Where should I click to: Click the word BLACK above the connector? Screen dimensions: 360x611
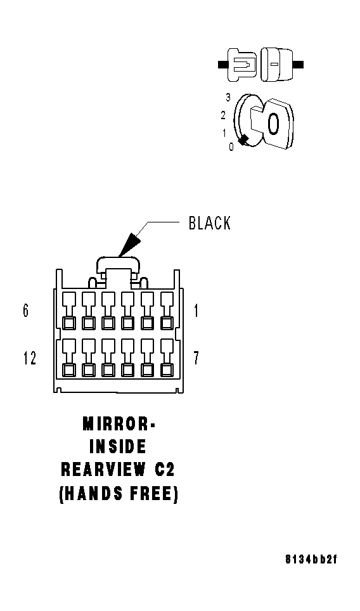pyautogui.click(x=210, y=223)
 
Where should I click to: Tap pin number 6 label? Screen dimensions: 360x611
pyautogui.click(x=26, y=311)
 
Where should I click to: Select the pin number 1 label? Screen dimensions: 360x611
pyautogui.click(x=196, y=311)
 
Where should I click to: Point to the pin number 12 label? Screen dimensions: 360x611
pyautogui.click(x=30, y=357)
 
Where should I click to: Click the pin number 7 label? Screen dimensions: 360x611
pyautogui.click(x=196, y=357)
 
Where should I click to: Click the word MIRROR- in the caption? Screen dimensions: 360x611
pyautogui.click(x=119, y=424)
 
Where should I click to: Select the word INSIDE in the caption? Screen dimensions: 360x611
pyautogui.click(x=118, y=447)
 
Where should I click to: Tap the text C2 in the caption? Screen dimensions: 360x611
pyautogui.click(x=164, y=470)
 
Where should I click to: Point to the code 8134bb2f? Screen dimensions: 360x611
pyautogui.click(x=311, y=560)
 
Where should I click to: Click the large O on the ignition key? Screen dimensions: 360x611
pyautogui.click(x=273, y=124)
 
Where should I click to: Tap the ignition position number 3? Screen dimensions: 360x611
pyautogui.click(x=228, y=98)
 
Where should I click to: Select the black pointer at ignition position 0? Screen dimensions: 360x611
pyautogui.click(x=244, y=141)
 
